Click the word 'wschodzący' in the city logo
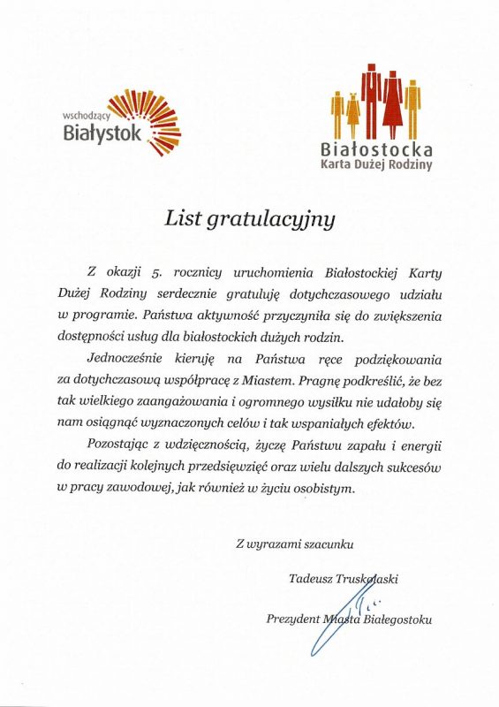pos(85,116)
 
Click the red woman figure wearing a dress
pos(394,108)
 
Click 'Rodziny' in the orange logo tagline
pos(412,166)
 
